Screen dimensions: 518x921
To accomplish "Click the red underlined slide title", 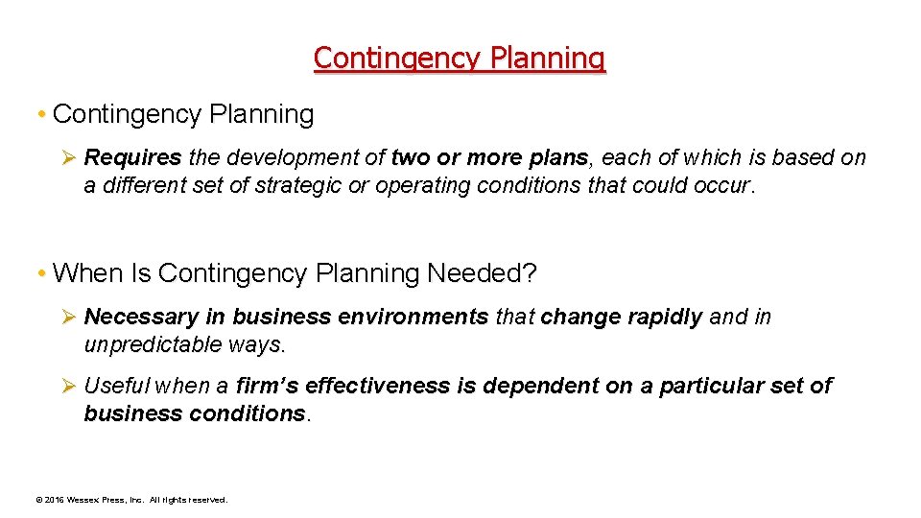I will [x=460, y=59].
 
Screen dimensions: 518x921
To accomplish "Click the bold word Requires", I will [x=132, y=157].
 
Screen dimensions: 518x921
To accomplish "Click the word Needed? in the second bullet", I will [x=482, y=273].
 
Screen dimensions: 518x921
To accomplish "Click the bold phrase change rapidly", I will [x=621, y=317].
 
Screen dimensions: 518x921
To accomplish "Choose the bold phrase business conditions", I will [x=194, y=413].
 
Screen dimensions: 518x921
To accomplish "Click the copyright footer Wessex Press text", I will [x=130, y=500].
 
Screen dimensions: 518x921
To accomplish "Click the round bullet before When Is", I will [x=41, y=274].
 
